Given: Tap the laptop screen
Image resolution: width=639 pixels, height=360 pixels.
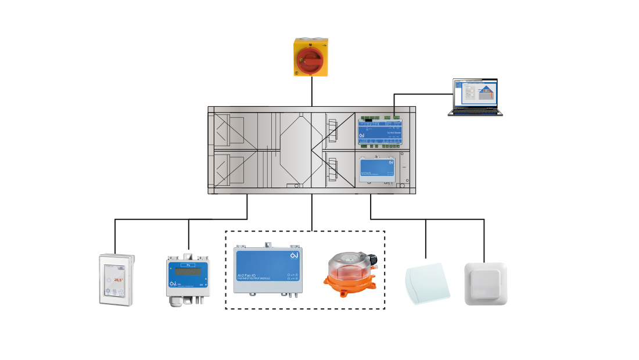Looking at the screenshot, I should coord(475,93).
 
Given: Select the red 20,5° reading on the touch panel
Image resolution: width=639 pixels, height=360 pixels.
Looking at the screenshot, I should coord(118,280).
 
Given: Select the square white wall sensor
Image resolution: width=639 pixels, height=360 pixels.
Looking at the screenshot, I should coord(485,283).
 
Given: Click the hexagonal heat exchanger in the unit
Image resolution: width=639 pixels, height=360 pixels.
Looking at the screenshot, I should coord(296,150).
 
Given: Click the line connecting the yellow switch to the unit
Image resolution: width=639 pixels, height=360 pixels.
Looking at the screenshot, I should coord(312,92).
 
